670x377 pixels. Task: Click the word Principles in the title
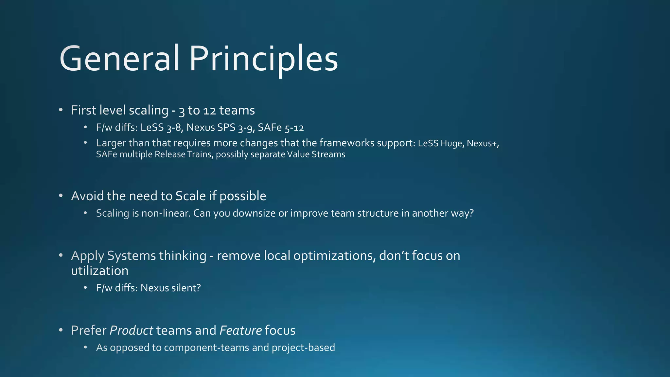click(x=263, y=59)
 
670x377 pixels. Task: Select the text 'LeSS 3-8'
click(x=161, y=128)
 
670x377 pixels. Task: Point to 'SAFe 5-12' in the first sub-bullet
click(x=281, y=128)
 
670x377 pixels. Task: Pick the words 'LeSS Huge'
click(x=441, y=144)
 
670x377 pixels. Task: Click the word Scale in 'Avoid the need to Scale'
click(x=190, y=196)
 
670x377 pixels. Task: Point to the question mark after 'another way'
click(x=471, y=213)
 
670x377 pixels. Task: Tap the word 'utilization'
click(x=100, y=271)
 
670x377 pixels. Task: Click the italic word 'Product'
click(x=131, y=331)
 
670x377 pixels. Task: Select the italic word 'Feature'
click(x=241, y=331)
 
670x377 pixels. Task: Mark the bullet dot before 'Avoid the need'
click(x=61, y=196)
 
